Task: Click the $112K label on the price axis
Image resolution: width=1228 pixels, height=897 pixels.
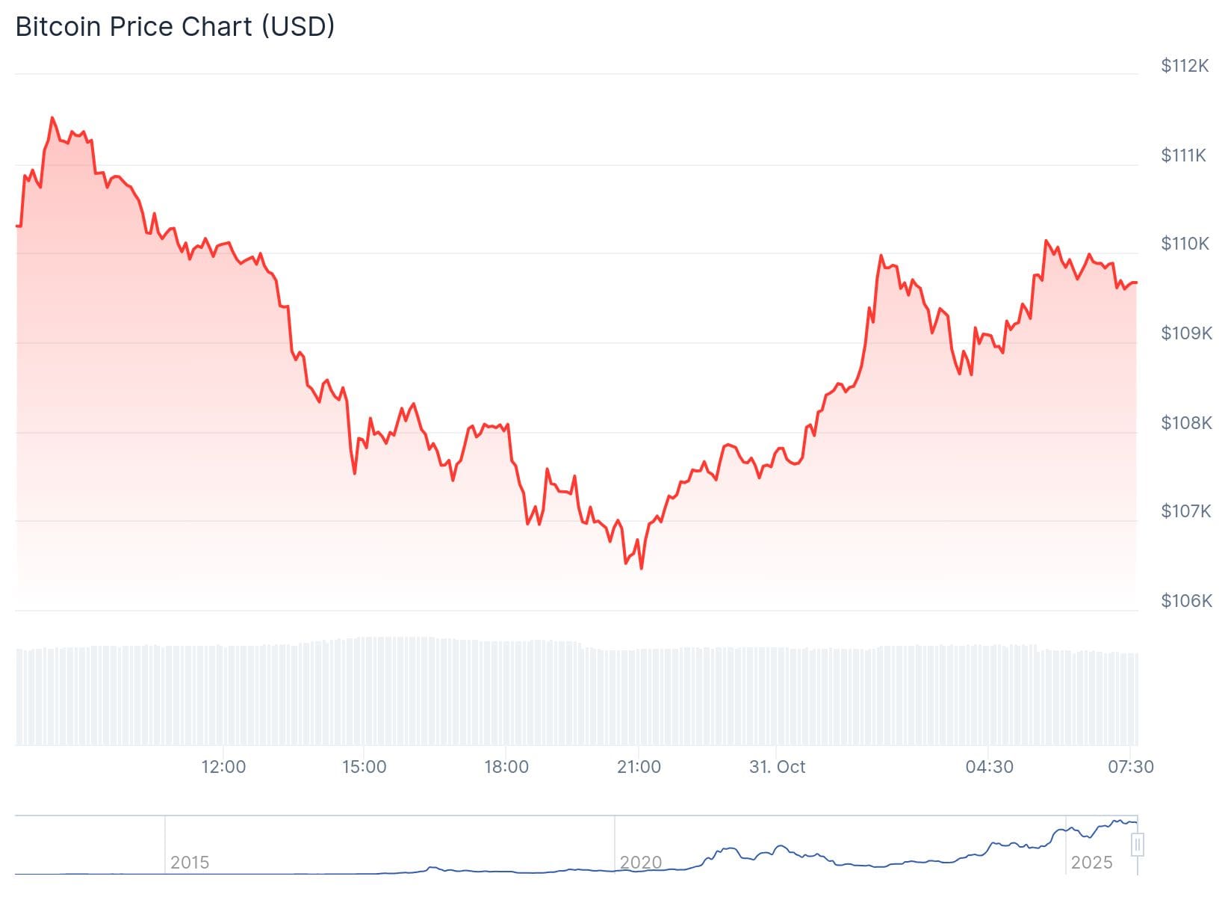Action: tap(1184, 66)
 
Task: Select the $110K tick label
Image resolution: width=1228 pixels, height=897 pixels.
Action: tap(1184, 244)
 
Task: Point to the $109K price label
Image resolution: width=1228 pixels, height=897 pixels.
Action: tap(1185, 333)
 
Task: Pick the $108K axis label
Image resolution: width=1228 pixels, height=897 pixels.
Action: tap(1185, 423)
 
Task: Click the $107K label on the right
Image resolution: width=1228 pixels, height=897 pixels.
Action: tap(1185, 511)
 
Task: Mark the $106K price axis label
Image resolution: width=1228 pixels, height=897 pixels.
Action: tap(1185, 601)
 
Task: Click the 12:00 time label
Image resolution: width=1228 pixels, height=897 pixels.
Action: tap(223, 767)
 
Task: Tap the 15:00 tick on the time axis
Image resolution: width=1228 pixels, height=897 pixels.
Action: tap(364, 767)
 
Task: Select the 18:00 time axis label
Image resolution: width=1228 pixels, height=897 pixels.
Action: tap(506, 767)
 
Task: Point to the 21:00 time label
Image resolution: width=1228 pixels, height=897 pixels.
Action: tap(639, 767)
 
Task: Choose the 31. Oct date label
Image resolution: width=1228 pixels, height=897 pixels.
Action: tap(778, 767)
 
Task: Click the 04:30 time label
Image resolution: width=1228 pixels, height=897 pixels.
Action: tap(989, 767)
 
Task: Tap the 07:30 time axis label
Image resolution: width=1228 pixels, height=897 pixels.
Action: tap(1131, 767)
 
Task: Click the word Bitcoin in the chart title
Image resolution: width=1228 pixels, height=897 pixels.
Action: tap(58, 27)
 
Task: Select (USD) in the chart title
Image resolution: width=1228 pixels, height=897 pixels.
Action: tap(297, 27)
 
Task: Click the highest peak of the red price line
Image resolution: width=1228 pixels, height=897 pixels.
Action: tap(52, 117)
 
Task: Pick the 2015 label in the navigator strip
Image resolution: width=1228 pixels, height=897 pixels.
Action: tap(190, 863)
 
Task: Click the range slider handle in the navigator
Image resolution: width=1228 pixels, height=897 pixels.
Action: tap(1138, 845)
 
